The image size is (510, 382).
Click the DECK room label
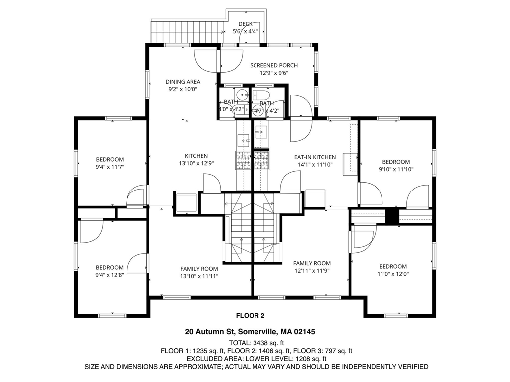point(245,24)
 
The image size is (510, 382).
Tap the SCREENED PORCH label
point(274,65)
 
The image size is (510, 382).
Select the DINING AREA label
point(183,82)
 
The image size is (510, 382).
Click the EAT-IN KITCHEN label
point(315,157)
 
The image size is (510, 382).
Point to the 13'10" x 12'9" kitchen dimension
point(196,163)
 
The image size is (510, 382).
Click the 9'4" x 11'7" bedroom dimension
point(110,167)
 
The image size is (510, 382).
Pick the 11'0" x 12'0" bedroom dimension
point(393,274)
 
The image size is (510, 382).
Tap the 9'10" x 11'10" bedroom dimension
point(396,169)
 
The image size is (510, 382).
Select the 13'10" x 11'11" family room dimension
point(199,276)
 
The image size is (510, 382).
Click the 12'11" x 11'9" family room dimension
point(312,271)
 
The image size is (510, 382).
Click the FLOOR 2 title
point(250,315)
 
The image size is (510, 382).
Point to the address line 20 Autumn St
point(250,332)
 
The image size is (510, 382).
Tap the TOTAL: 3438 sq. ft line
point(256,343)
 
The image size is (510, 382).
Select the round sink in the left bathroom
point(242,95)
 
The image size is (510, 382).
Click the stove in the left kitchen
point(243,161)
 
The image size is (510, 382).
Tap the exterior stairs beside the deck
point(188,31)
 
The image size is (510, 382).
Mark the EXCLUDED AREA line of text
point(256,359)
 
